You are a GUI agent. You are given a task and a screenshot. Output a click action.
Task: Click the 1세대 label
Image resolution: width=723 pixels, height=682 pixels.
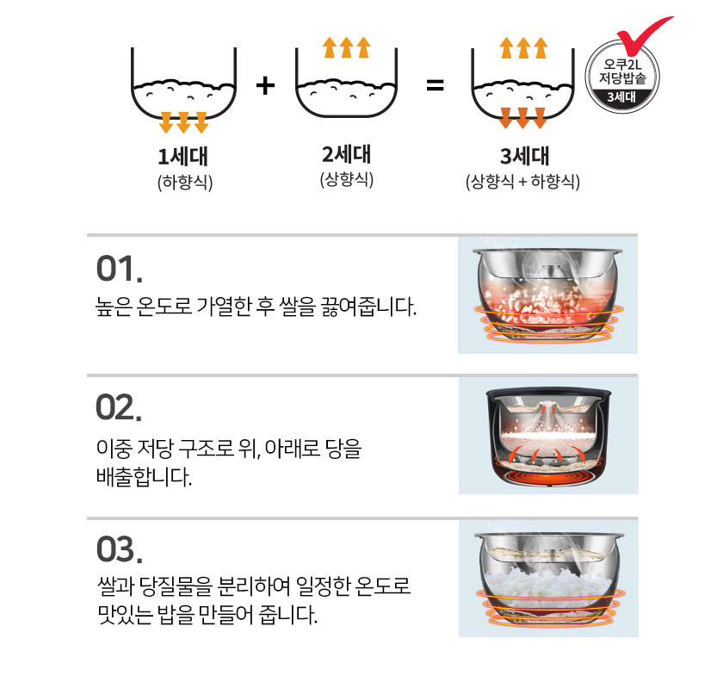pyautogui.click(x=182, y=157)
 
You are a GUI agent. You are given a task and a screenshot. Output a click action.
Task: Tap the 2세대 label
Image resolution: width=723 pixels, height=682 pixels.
pyautogui.click(x=346, y=154)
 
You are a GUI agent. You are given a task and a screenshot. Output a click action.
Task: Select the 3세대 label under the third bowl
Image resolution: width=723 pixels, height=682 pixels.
pyautogui.click(x=525, y=156)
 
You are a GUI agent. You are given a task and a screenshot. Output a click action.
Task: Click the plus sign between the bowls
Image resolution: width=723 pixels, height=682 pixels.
pyautogui.click(x=265, y=86)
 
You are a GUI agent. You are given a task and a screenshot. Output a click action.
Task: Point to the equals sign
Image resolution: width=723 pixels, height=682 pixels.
pyautogui.click(x=435, y=86)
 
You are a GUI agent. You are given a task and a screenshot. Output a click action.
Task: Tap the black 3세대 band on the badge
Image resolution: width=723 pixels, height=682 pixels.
pyautogui.click(x=621, y=97)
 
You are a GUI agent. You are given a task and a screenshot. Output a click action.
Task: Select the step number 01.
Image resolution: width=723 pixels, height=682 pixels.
pyautogui.click(x=119, y=269)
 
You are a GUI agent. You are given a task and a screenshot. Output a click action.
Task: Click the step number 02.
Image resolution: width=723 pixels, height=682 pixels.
pyautogui.click(x=119, y=407)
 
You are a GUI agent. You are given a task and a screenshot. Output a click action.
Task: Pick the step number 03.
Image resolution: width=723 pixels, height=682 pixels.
pyautogui.click(x=119, y=549)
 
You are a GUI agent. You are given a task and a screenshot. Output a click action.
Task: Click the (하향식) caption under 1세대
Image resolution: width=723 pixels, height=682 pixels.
pyautogui.click(x=185, y=183)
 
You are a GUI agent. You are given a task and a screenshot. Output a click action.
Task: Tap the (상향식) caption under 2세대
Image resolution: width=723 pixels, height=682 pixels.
pyautogui.click(x=347, y=179)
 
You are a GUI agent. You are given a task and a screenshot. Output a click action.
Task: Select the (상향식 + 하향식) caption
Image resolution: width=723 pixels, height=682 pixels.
pyautogui.click(x=523, y=182)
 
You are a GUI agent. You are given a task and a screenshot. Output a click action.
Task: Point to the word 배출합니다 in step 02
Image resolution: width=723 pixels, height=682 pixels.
pyautogui.click(x=144, y=477)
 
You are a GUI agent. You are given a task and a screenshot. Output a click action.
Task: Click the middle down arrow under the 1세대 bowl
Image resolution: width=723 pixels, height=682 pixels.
pyautogui.click(x=183, y=122)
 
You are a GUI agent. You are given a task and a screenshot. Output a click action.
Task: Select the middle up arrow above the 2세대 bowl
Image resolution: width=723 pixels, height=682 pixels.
pyautogui.click(x=346, y=47)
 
